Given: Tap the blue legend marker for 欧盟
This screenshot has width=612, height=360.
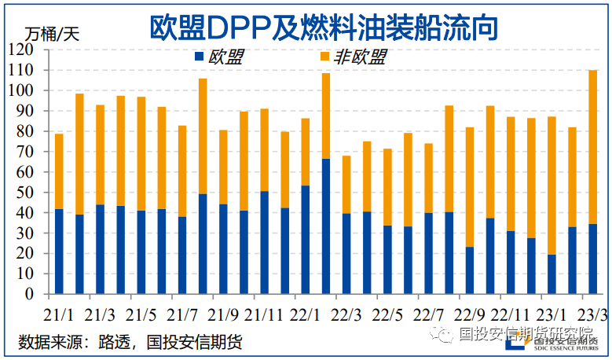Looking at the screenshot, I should coord(199,56).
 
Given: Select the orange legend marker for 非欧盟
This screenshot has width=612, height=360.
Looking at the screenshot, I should coord(325,56).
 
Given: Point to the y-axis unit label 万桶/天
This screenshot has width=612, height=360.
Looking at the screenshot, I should coord(52,34).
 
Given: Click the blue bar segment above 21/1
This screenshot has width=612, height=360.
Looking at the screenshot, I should coord(59,252).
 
